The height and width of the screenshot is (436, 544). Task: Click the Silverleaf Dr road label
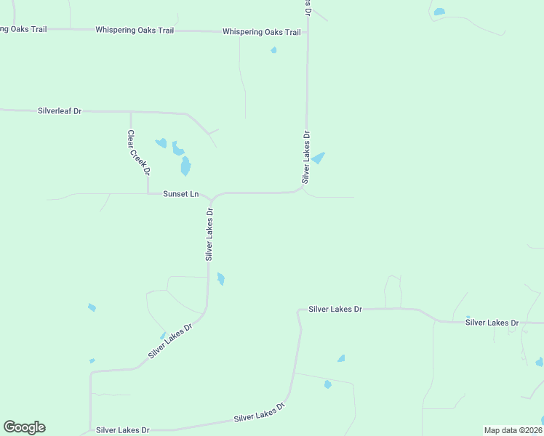(x=60, y=111)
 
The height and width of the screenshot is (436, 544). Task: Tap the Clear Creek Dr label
(x=138, y=152)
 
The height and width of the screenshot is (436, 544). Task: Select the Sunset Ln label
(x=181, y=194)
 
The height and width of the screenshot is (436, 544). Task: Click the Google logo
(x=24, y=427)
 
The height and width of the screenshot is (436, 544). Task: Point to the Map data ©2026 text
(x=513, y=430)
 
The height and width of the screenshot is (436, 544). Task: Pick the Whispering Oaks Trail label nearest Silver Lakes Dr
(x=261, y=32)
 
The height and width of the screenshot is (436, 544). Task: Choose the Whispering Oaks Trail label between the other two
(x=135, y=31)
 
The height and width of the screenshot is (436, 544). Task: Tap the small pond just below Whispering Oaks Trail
(x=273, y=50)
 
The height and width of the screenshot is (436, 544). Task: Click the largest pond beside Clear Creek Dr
(x=185, y=166)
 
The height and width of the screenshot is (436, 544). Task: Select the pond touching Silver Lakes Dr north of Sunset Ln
(x=319, y=158)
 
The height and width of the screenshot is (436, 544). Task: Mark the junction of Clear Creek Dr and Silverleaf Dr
(x=131, y=112)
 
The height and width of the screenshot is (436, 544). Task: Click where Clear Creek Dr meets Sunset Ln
(x=148, y=194)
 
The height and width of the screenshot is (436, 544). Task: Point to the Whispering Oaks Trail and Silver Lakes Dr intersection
(x=307, y=32)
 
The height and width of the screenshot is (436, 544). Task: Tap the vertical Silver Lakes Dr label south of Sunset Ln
(x=209, y=235)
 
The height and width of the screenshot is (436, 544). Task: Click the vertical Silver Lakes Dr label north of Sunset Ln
(x=307, y=156)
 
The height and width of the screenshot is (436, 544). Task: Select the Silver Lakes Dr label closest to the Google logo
(x=123, y=430)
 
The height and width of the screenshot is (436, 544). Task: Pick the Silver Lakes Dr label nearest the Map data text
(x=492, y=322)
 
